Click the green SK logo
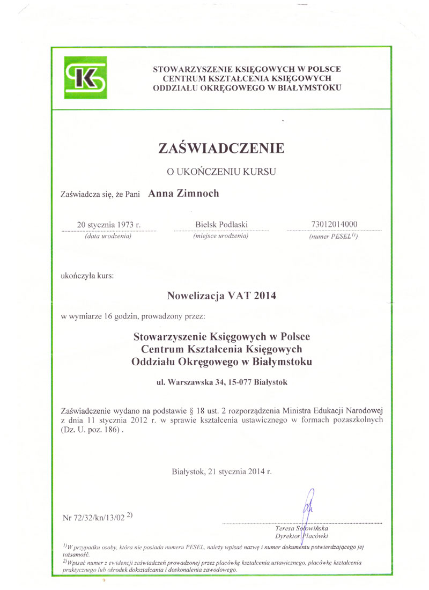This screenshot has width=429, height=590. click(86, 78)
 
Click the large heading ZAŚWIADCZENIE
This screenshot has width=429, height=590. click(221, 149)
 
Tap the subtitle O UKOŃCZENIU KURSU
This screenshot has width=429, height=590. click(221, 172)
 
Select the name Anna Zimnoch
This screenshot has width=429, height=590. click(183, 194)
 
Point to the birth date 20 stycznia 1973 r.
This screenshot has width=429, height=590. click(109, 224)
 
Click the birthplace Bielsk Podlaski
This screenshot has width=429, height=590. click(221, 224)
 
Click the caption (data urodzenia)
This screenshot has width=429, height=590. click(109, 236)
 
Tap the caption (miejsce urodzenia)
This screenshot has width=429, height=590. click(221, 236)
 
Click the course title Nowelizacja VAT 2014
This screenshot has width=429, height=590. click(221, 294)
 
